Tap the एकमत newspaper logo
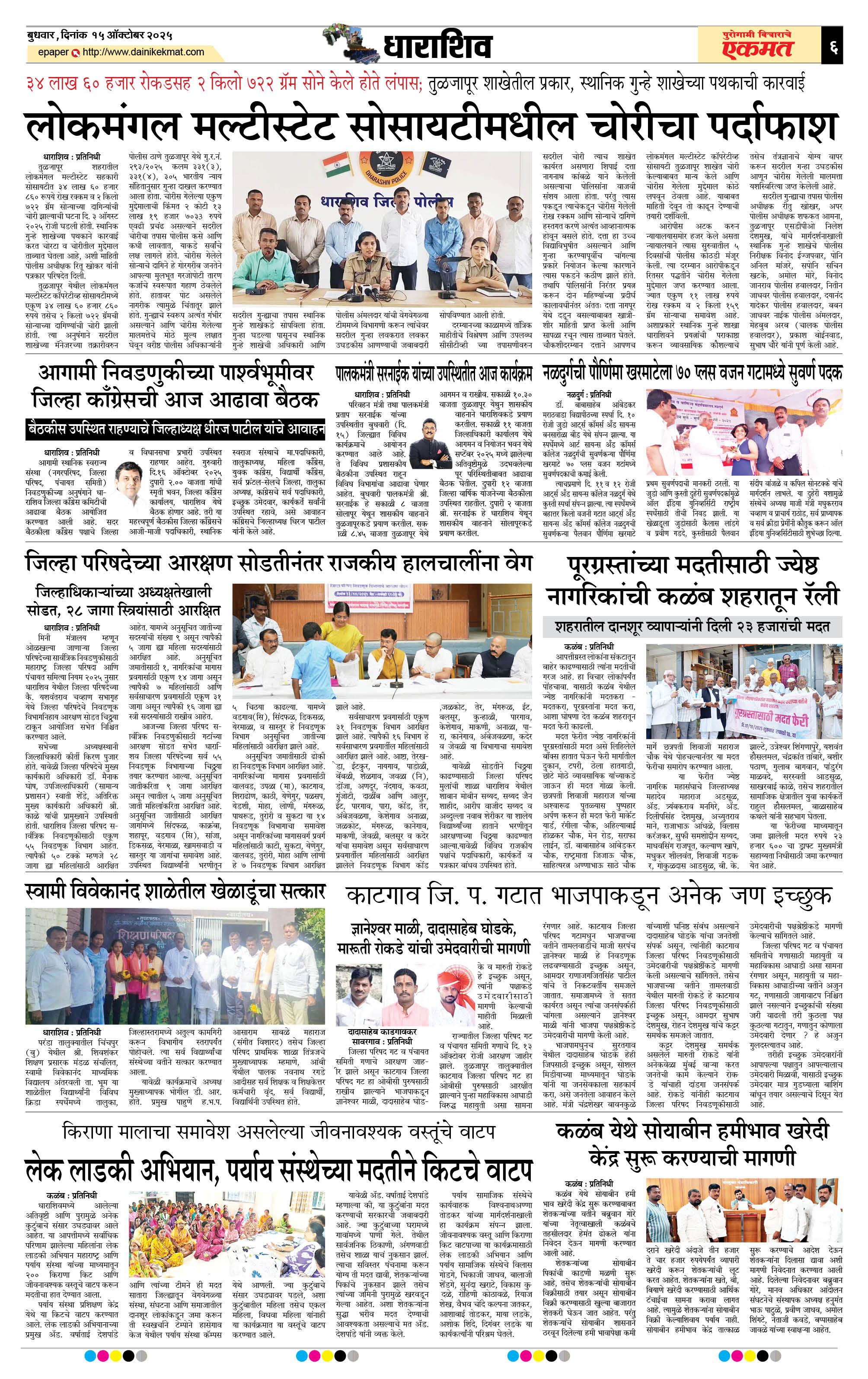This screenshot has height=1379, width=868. pyautogui.click(x=756, y=48)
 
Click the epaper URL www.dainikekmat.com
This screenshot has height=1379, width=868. pyautogui.click(x=143, y=52)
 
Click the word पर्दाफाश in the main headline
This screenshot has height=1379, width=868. pyautogui.click(x=767, y=127)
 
